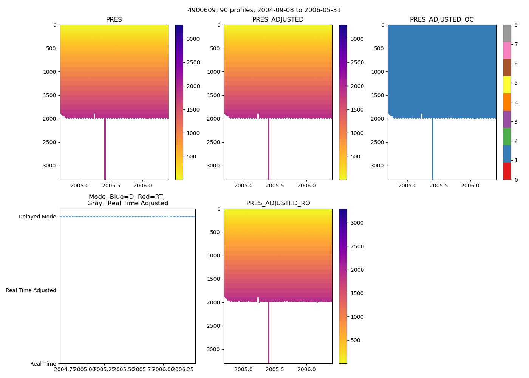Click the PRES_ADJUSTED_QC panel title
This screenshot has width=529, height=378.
[x=442, y=20]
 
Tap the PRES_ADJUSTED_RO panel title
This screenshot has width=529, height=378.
[x=278, y=203]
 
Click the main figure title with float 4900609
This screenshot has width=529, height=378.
[x=264, y=10]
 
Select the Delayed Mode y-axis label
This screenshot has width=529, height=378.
[x=37, y=217]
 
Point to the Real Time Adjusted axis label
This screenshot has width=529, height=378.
[x=31, y=290]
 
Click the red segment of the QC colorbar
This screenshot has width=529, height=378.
[x=507, y=171]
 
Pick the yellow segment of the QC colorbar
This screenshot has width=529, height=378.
[x=507, y=85]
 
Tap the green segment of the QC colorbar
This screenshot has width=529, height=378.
[x=507, y=136]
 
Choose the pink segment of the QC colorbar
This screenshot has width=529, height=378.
[x=507, y=50]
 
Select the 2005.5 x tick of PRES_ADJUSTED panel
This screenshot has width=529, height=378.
[x=275, y=186]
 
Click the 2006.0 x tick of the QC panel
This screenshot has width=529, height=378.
[x=470, y=186]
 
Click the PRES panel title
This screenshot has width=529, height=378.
[x=114, y=20]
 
